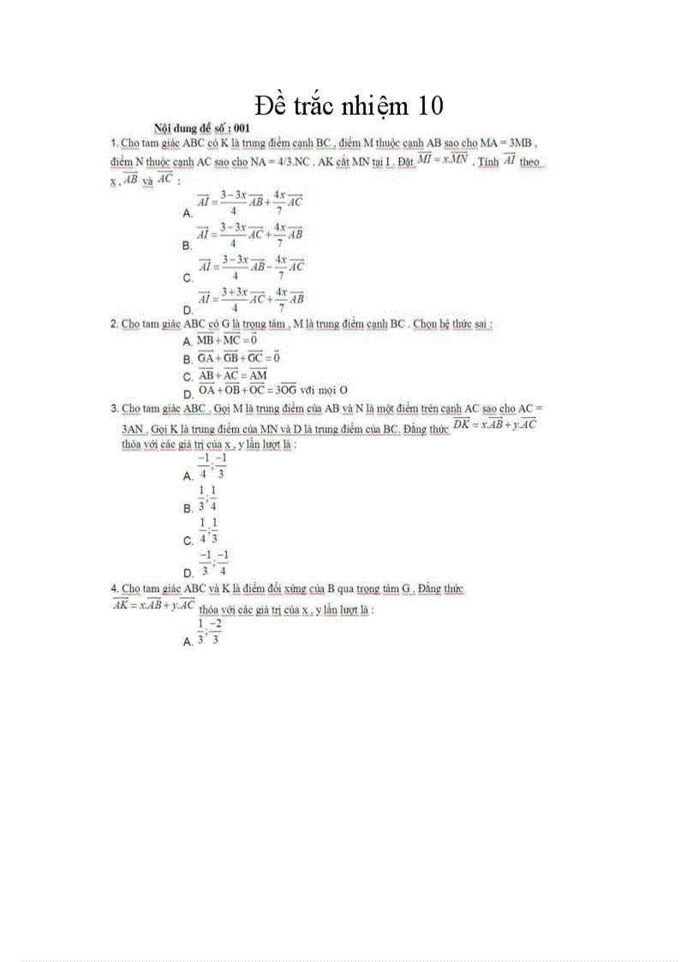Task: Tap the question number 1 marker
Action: pos(114,142)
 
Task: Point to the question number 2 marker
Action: pos(114,324)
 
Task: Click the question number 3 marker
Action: pos(114,408)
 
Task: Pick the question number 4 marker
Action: pos(114,589)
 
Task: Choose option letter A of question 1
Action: pos(187,212)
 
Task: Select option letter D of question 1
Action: pos(187,309)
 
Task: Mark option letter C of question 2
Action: pos(187,377)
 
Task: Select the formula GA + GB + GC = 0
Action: pos(240,357)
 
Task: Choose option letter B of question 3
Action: pos(187,508)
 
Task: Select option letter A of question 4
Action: pos(187,642)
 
